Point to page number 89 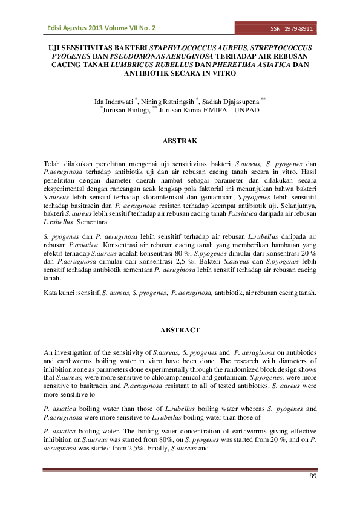pyautogui.click(x=313, y=478)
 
